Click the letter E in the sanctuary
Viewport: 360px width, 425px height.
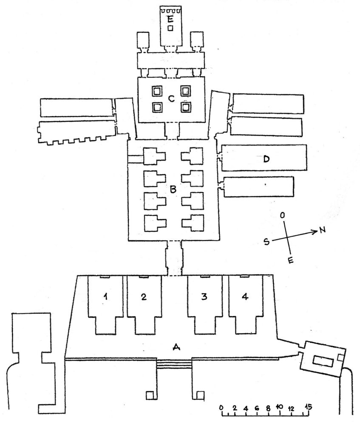(x=170, y=19)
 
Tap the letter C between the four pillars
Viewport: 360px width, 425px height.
(x=171, y=99)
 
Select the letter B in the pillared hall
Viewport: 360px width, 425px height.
(x=173, y=189)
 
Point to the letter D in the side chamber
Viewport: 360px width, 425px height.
(x=266, y=159)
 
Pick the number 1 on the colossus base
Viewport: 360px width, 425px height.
(x=106, y=297)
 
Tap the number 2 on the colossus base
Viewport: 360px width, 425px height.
(x=144, y=297)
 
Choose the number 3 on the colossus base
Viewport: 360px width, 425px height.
(x=204, y=297)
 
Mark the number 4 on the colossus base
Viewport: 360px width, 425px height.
(x=245, y=297)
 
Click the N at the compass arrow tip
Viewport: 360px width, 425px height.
(x=322, y=230)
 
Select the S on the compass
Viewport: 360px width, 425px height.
(x=267, y=242)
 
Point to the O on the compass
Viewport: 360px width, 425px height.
(x=283, y=215)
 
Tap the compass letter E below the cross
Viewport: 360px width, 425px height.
(x=290, y=261)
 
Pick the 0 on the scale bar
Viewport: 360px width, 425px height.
(x=221, y=408)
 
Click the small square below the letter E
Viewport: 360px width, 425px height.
(x=170, y=28)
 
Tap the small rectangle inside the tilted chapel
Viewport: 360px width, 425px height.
(x=323, y=361)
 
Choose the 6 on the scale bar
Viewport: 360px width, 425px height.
(x=257, y=408)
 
